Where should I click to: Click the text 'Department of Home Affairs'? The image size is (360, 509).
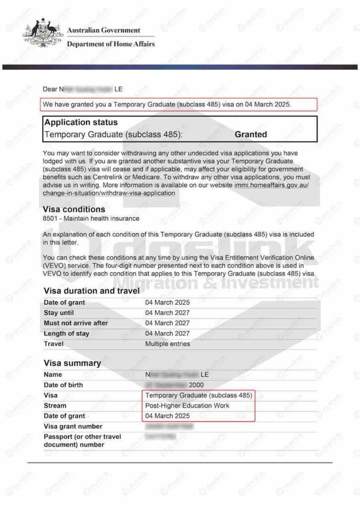point(110,44)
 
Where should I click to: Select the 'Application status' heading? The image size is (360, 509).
point(81,122)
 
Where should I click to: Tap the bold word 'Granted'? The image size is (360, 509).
point(251,134)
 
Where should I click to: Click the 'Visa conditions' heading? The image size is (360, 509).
point(75,209)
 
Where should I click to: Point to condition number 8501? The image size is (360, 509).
point(51,218)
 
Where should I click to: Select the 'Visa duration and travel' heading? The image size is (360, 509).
point(91,291)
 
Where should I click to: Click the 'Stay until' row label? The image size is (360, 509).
point(60,313)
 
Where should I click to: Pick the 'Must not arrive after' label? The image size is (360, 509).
point(76,323)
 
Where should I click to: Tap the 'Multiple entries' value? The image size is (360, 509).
point(168,343)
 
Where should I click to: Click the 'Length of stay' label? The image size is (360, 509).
point(67,334)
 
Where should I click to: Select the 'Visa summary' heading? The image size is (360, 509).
point(72,363)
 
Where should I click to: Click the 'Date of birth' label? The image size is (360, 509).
point(63,385)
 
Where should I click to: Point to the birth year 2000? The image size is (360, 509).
point(196,385)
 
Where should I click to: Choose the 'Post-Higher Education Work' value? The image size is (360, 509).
point(187,406)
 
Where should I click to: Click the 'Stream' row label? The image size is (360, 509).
point(55,406)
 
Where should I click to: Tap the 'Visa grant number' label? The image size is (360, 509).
point(73,426)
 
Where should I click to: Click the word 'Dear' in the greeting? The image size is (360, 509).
point(50,89)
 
